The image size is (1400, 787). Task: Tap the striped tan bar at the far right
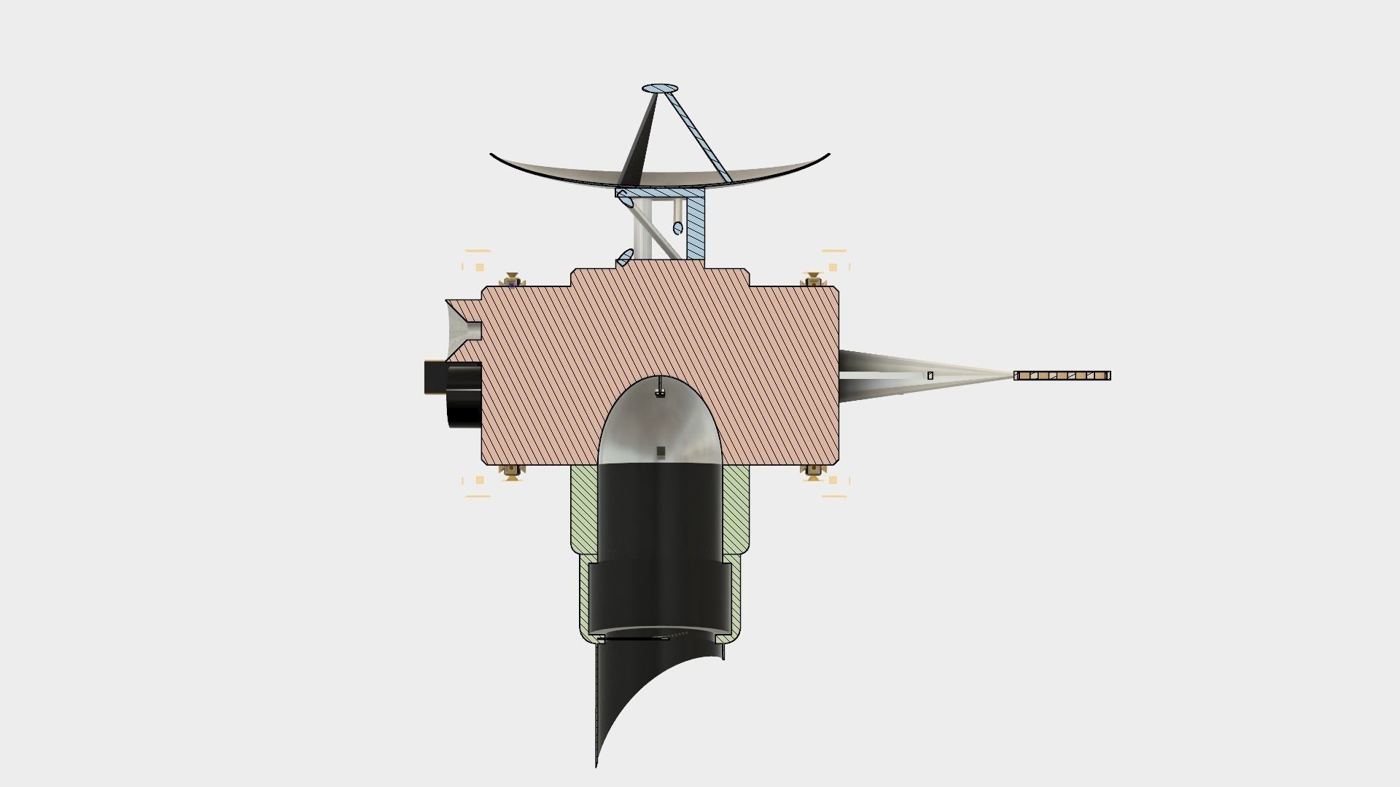(x=1062, y=376)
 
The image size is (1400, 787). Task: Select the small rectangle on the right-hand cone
(x=930, y=376)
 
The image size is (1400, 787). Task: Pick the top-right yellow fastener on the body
(x=812, y=281)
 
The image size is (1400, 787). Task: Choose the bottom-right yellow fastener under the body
(x=812, y=471)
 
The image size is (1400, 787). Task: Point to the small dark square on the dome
(x=661, y=453)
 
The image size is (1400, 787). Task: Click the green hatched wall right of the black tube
(x=736, y=510)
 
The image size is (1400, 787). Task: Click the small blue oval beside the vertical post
(x=677, y=228)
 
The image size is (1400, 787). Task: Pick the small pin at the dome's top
(x=660, y=387)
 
